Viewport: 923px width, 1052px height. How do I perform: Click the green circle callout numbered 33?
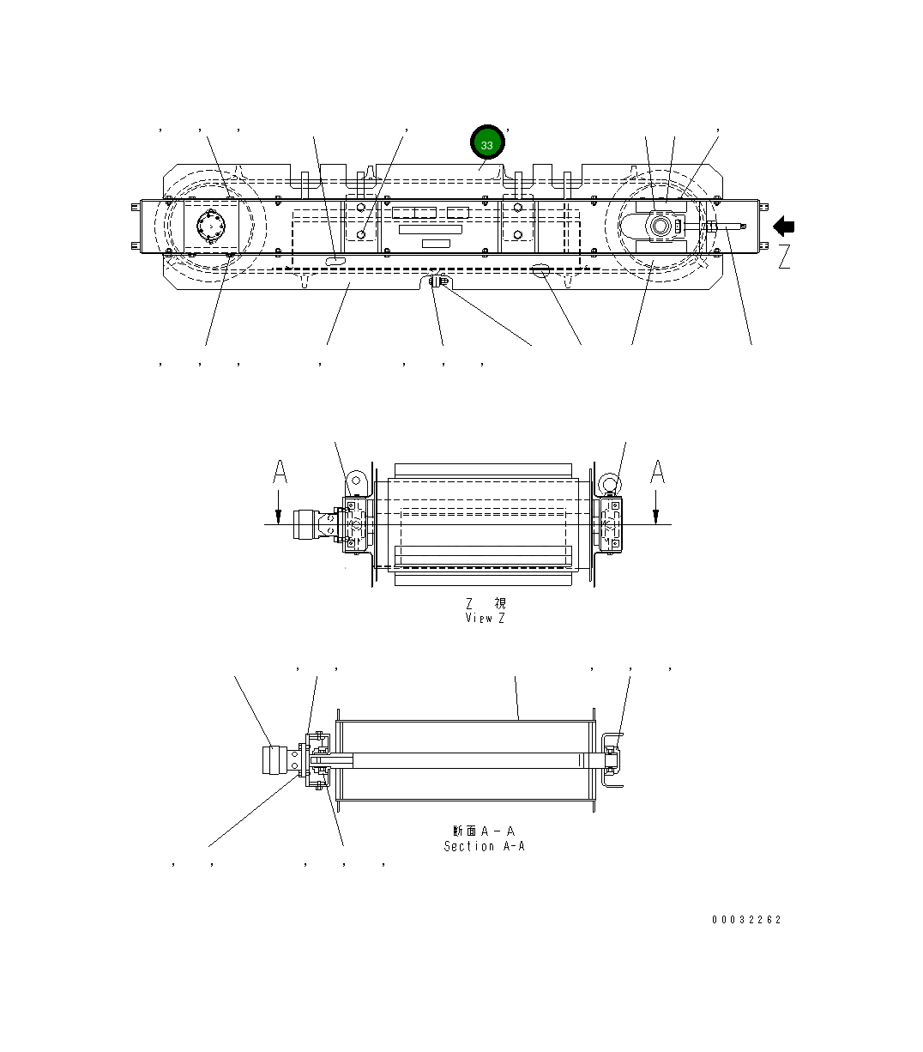(487, 144)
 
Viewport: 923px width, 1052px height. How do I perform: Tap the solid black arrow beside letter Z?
(784, 227)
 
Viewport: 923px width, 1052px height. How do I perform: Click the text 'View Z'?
(485, 618)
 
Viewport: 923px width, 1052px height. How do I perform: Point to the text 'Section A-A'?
(484, 846)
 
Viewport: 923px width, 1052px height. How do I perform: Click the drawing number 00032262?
(746, 920)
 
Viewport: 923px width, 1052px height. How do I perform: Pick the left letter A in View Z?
(280, 472)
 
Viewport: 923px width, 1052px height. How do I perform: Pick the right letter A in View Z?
(657, 472)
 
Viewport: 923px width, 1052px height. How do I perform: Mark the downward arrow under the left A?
(280, 511)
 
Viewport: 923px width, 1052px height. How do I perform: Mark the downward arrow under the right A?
(656, 511)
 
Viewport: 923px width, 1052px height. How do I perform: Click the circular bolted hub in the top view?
(209, 228)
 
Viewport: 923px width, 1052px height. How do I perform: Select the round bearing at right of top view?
(661, 227)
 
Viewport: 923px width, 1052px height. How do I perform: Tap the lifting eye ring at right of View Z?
(609, 484)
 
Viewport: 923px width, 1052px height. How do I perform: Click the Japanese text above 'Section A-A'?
(484, 831)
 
